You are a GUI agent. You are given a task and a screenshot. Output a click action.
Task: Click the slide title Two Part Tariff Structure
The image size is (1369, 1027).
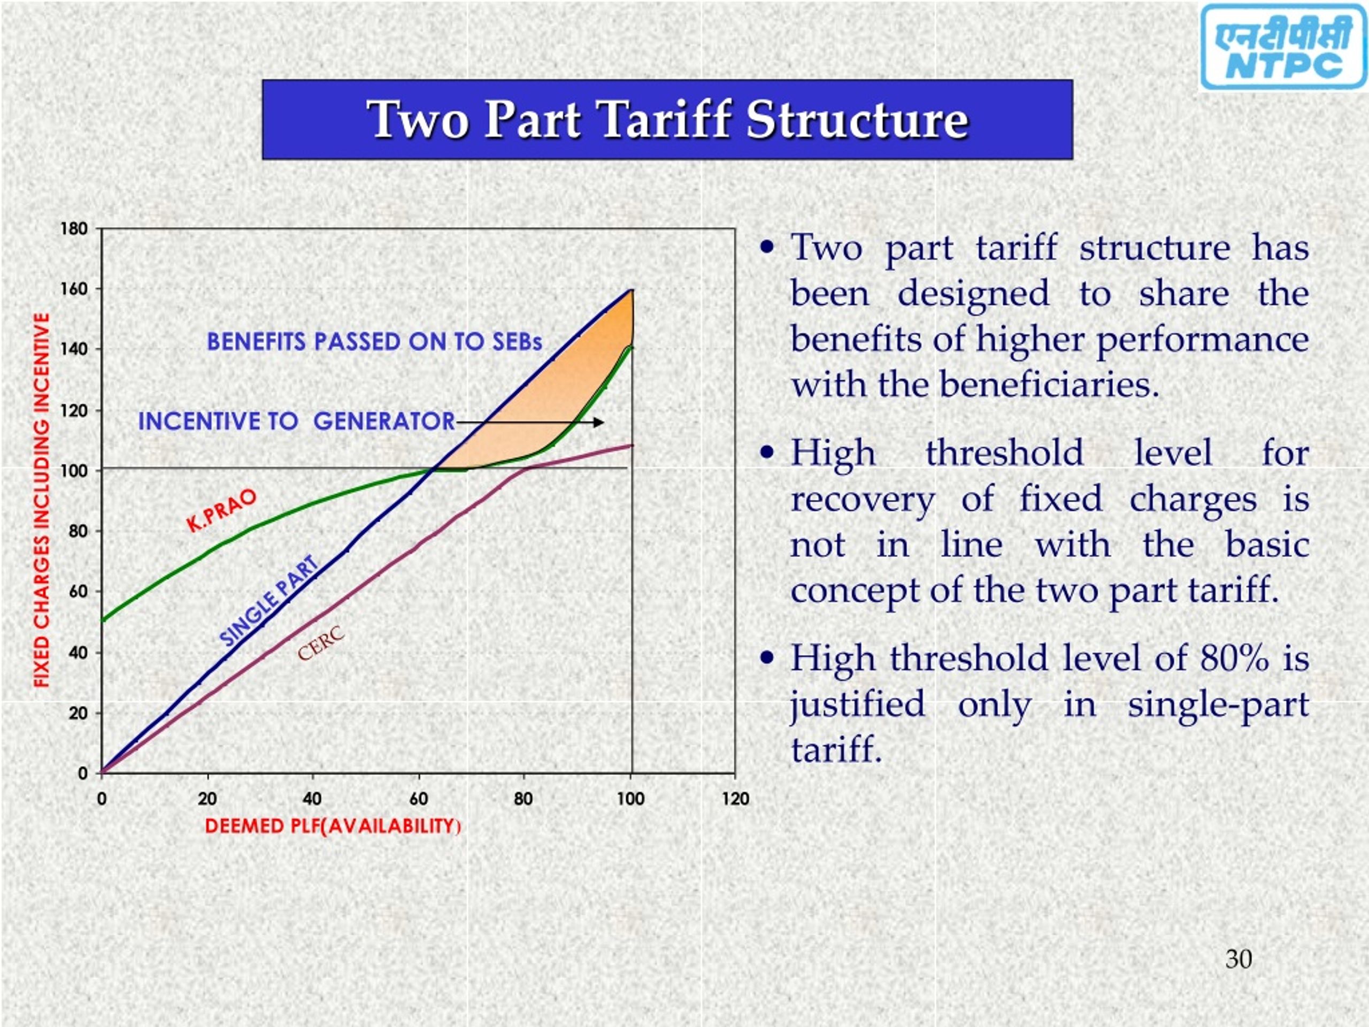coord(667,119)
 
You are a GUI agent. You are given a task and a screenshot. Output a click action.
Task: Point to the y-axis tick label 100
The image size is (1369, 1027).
coord(74,471)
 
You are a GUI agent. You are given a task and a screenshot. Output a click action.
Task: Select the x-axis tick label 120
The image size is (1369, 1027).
coord(735,799)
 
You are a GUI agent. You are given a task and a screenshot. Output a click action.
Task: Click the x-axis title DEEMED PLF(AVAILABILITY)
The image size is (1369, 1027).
coord(333,826)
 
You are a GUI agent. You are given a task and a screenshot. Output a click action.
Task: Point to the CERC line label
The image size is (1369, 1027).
coord(320,644)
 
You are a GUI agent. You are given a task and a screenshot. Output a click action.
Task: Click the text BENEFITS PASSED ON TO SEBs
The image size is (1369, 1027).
coord(374,342)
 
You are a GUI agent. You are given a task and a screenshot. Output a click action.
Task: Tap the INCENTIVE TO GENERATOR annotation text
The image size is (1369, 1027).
coord(296,421)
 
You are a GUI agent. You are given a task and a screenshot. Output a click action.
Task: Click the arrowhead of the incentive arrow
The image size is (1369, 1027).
coord(598,423)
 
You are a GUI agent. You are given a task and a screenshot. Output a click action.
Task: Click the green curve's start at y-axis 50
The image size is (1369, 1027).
coord(104,619)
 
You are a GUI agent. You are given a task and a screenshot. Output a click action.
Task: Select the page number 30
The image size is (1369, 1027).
coord(1239,959)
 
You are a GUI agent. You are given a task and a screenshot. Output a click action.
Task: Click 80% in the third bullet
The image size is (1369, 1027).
coord(1234,657)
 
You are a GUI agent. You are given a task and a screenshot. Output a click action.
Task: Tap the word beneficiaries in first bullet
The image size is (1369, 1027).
coord(1049,385)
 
